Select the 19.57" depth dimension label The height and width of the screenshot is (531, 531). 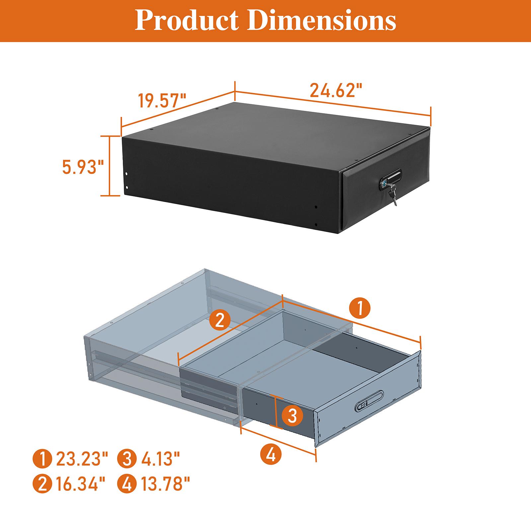(162, 101)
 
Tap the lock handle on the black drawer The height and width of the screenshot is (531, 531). (391, 180)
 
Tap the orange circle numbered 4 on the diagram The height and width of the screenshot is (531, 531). (271, 455)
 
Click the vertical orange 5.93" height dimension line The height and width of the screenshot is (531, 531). (110, 166)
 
